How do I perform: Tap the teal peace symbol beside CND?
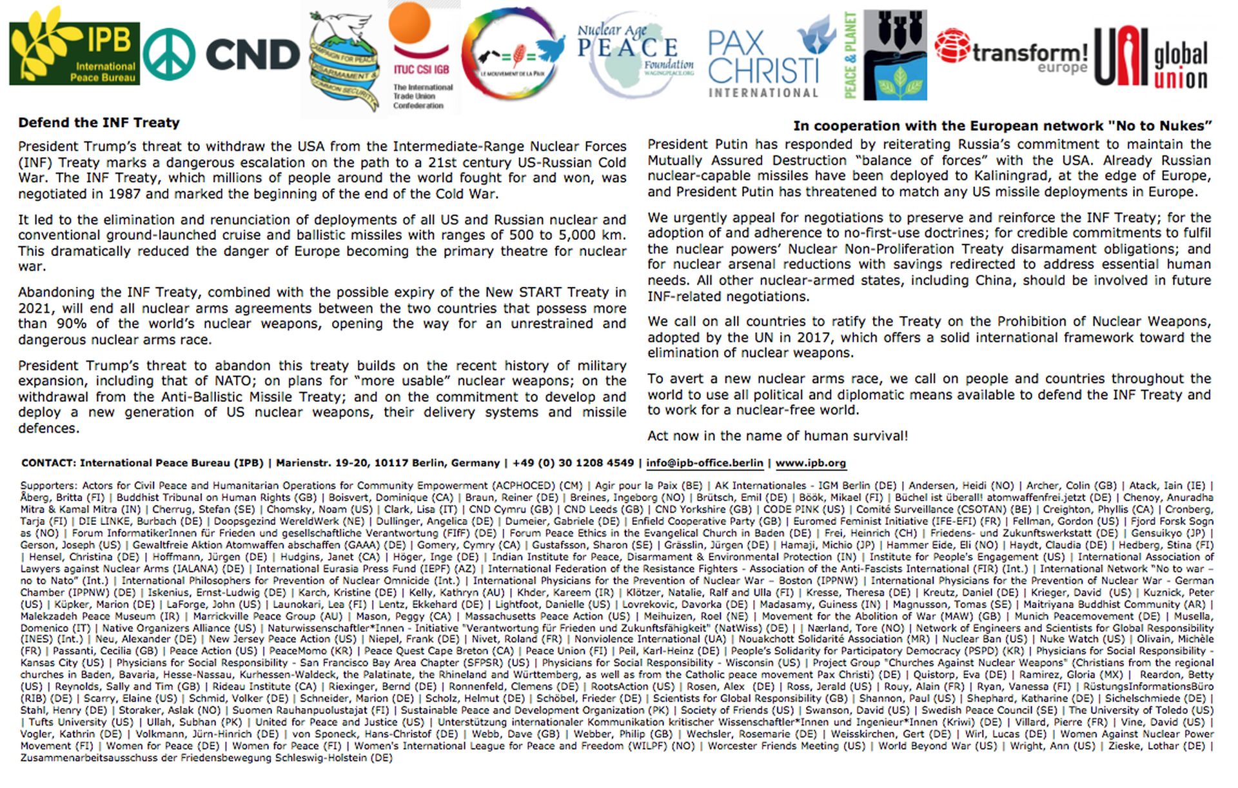168,55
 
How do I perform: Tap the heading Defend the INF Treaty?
99,123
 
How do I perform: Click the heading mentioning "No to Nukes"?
1002,126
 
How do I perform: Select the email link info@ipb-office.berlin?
704,463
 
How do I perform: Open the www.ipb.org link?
811,463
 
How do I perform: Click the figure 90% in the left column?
72,324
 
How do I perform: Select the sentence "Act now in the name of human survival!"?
777,436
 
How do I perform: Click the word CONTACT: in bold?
48,463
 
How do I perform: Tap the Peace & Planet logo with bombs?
885,55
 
